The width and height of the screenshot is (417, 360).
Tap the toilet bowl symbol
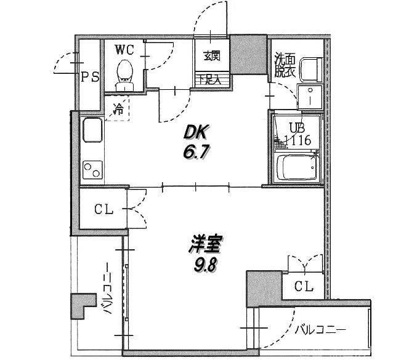(124, 71)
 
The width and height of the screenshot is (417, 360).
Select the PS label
(90, 77)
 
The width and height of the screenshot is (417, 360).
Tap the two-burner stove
(93, 168)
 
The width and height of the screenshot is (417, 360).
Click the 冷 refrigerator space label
(118, 111)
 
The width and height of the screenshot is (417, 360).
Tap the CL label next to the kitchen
(103, 209)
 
